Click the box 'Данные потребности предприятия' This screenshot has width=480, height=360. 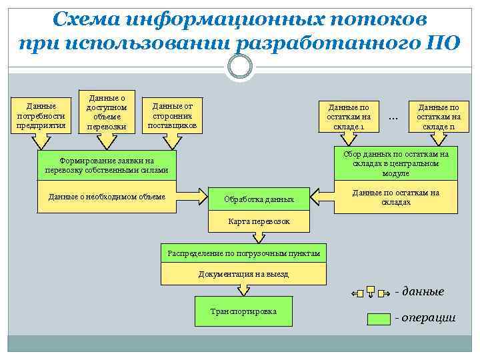point(41,116)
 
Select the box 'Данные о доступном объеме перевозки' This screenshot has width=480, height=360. point(107,111)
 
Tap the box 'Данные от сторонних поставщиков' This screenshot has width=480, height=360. point(173,115)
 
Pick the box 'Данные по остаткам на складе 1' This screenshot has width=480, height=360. point(350,117)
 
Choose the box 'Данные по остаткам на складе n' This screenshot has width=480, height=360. point(438,117)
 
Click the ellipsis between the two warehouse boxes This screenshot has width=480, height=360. point(393,118)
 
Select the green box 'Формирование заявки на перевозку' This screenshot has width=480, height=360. point(107,165)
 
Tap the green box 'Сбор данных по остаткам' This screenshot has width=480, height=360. point(395,163)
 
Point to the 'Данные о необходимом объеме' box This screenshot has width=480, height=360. point(107,197)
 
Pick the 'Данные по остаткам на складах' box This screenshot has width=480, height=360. point(395,197)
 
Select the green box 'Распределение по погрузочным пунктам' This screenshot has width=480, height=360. point(243,254)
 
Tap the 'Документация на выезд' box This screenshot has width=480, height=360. point(243,274)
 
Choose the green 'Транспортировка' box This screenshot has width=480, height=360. point(243,311)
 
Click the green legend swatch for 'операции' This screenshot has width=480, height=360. point(379,319)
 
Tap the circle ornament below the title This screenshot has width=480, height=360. point(240,66)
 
